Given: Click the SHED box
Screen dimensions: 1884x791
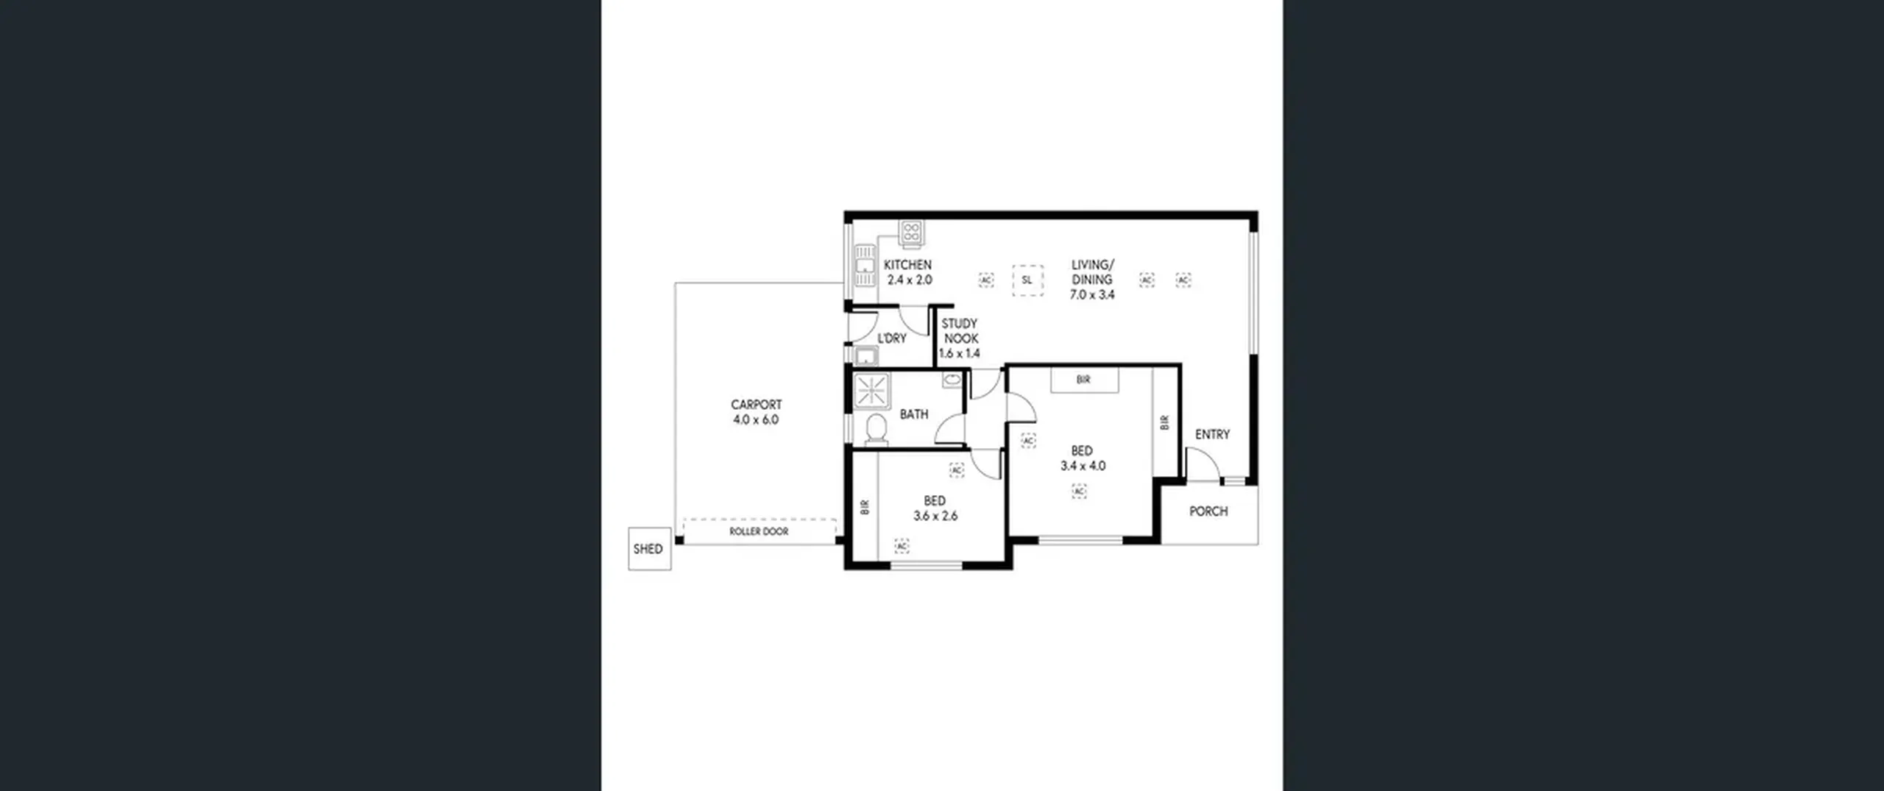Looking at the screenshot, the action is point(649,548).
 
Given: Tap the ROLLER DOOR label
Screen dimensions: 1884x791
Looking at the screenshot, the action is point(759,531).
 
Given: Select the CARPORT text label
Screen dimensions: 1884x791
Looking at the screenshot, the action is point(756,405).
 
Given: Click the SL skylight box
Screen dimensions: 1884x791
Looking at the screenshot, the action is point(1027,280).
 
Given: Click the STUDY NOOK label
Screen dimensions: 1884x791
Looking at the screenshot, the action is point(960,331).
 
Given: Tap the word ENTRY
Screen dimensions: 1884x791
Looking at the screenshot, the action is point(1212,435).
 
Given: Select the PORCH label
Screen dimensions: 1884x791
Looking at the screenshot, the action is point(1208,511).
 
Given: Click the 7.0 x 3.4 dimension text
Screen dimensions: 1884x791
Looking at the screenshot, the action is point(1092,295).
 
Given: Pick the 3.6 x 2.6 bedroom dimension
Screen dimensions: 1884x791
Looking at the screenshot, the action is point(935,517).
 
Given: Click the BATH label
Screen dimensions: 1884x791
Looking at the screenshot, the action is point(914,415).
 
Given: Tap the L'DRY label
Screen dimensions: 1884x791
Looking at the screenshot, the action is point(892,338).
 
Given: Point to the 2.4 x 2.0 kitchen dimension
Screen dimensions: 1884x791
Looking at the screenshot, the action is point(910,280).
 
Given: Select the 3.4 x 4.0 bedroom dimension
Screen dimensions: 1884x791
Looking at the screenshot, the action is point(1083,466).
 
